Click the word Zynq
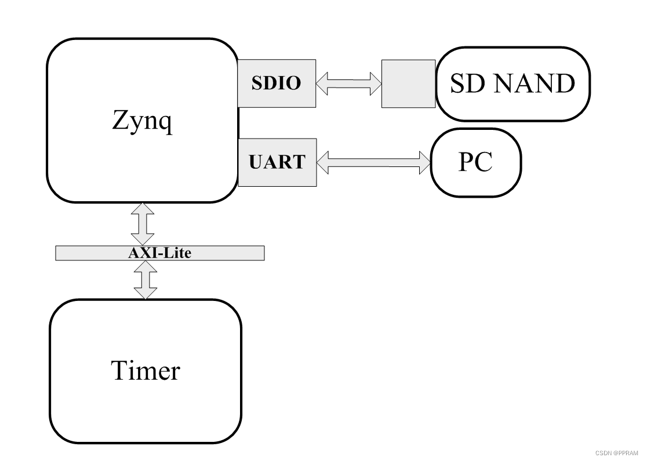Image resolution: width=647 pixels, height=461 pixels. coord(142,122)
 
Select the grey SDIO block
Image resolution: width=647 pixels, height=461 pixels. coord(277,83)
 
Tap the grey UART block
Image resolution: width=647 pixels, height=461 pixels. coord(277,162)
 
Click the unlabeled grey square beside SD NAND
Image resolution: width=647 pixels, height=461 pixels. coord(408,83)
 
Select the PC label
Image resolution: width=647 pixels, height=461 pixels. coord(475,162)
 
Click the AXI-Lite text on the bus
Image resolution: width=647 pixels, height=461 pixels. coord(159,253)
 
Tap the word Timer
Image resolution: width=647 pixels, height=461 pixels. coord(145,370)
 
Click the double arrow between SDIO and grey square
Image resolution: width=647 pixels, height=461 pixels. coord(348,83)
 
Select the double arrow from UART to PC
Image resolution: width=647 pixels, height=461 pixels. coord(374,161)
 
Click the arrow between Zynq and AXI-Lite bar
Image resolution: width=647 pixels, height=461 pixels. coord(143,224)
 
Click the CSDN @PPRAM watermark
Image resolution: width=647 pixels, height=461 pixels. coord(616,453)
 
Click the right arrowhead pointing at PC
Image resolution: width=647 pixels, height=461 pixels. coord(424,161)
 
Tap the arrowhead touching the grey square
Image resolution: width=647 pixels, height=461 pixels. coord(375,83)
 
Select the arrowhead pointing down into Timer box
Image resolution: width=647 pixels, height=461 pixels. coord(145,292)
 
